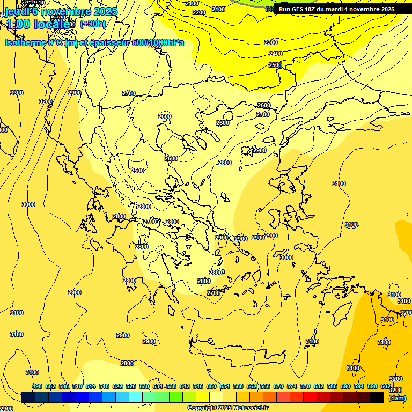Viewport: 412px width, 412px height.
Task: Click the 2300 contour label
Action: (271, 42)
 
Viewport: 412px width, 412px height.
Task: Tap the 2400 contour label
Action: (276, 54)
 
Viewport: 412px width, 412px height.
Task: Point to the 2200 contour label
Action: (198, 12)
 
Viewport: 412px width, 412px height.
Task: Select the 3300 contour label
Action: (17, 93)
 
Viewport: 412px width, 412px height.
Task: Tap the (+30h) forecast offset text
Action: (93, 24)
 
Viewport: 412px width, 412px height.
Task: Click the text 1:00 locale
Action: (38, 24)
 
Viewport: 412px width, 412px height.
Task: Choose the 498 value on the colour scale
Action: (37, 386)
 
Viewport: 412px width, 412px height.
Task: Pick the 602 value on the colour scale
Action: (386, 386)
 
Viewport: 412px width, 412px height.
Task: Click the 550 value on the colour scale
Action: (211, 386)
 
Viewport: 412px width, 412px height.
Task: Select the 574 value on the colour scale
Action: (292, 386)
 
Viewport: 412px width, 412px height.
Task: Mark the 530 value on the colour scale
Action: (144, 386)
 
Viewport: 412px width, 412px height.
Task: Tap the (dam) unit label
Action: (397, 398)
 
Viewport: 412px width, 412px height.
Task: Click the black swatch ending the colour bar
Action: (377, 397)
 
